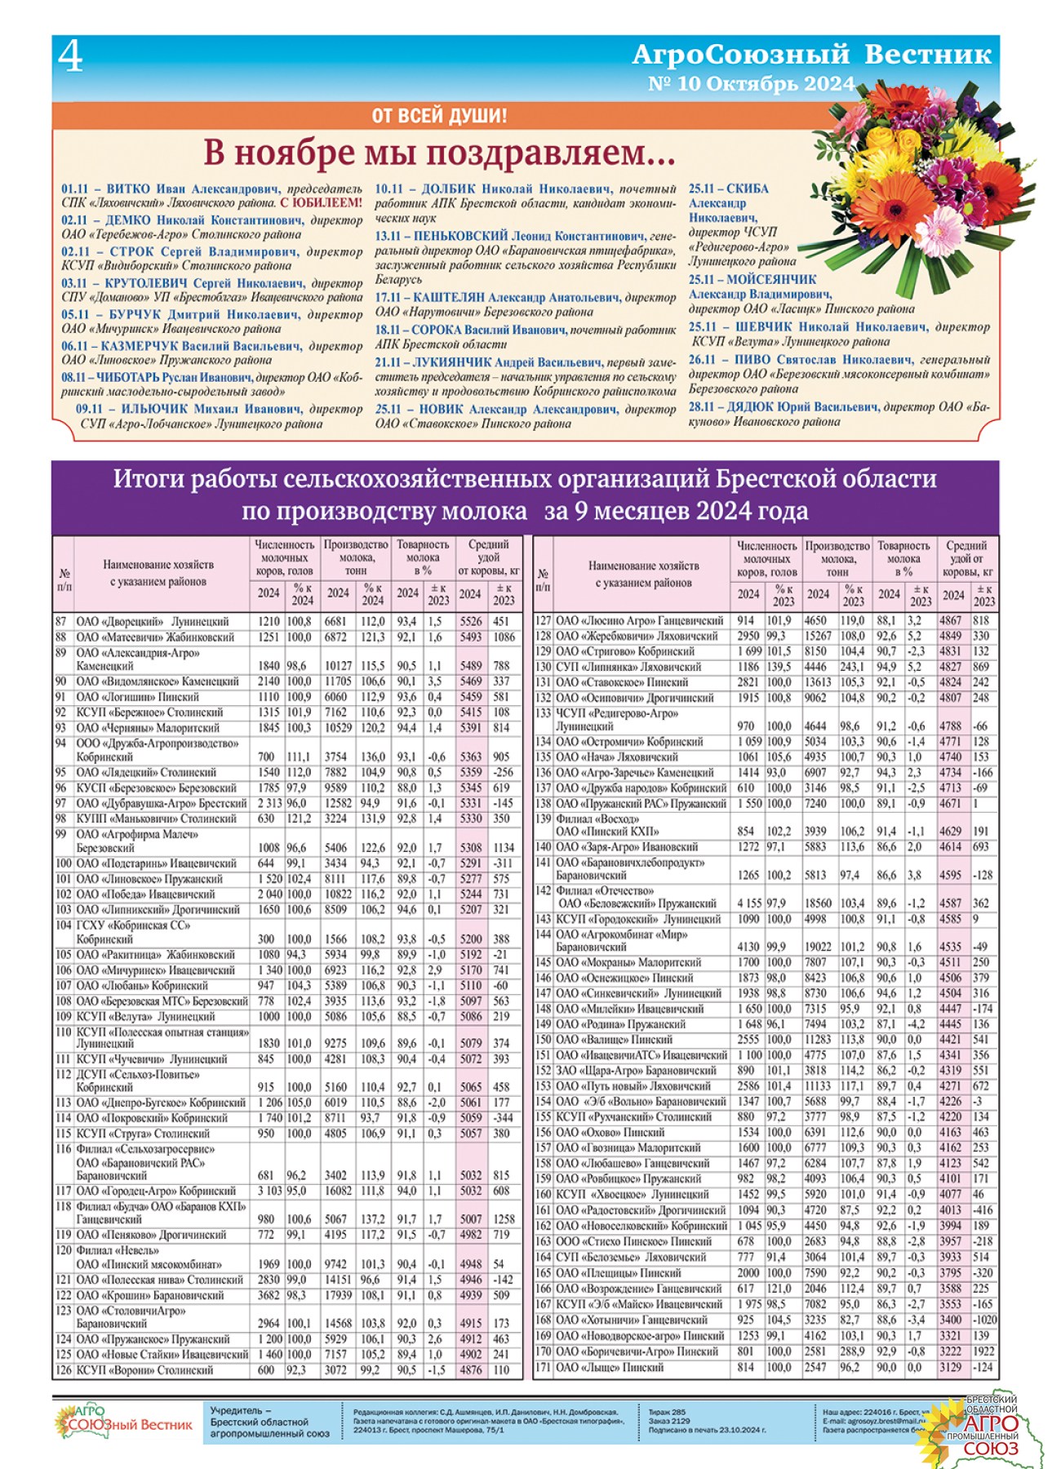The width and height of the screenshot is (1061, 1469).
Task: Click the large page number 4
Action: click(71, 57)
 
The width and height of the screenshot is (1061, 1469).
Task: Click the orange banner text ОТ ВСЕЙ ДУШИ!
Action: click(439, 116)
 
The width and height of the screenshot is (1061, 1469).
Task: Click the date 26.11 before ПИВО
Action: click(702, 359)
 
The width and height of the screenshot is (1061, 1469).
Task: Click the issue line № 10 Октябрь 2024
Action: click(751, 84)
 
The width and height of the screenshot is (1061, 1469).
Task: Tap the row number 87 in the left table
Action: click(62, 621)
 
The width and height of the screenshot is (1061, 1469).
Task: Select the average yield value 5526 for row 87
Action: click(470, 621)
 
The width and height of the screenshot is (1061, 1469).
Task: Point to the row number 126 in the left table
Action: click(64, 1370)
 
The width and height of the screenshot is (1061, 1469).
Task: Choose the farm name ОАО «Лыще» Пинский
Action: click(610, 1367)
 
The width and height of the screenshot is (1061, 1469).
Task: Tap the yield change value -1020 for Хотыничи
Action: click(984, 1320)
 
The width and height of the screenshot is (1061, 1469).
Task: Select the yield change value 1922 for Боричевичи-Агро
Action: click(983, 1351)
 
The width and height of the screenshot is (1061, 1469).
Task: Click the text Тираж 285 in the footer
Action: click(667, 1412)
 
